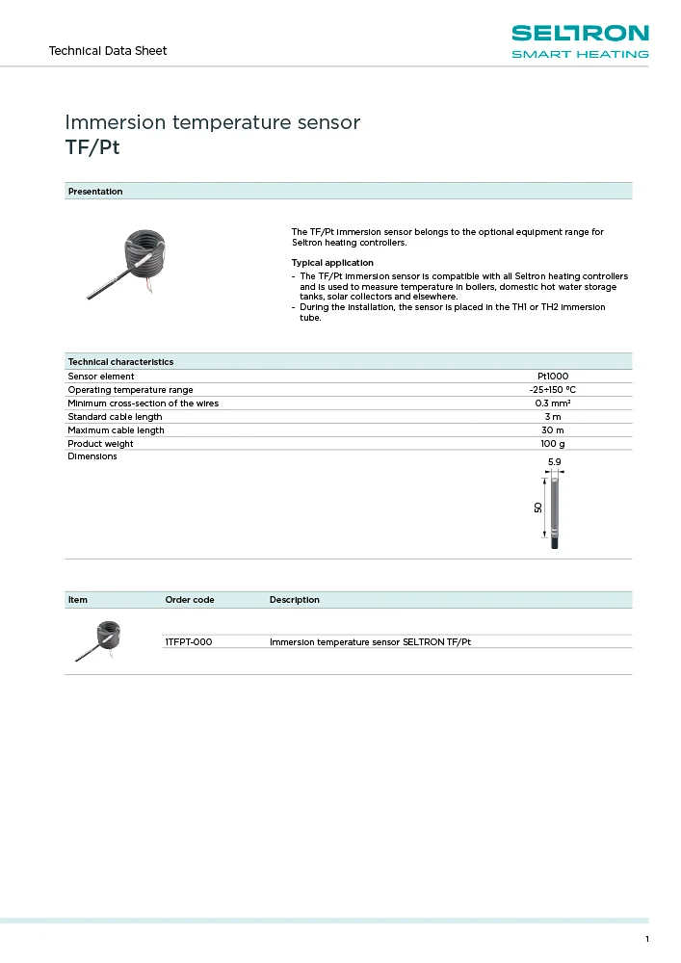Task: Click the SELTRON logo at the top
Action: pos(580,40)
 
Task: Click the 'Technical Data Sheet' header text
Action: pos(108,51)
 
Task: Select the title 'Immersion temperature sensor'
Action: pos(212,123)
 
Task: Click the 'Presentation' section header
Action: pos(95,192)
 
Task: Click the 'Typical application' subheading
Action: pos(332,263)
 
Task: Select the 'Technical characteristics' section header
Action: pos(120,362)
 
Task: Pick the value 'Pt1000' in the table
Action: pos(552,377)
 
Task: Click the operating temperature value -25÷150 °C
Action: pos(552,390)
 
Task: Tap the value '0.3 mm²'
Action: pos(552,403)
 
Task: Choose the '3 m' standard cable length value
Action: pos(552,417)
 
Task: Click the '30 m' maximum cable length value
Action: pos(552,430)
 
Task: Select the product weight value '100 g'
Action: pos(552,444)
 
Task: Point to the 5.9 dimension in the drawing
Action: pos(554,463)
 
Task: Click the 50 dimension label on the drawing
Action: pos(538,507)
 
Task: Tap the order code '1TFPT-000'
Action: pos(189,641)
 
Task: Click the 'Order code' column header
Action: pos(190,600)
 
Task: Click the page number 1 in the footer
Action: pos(647,940)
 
